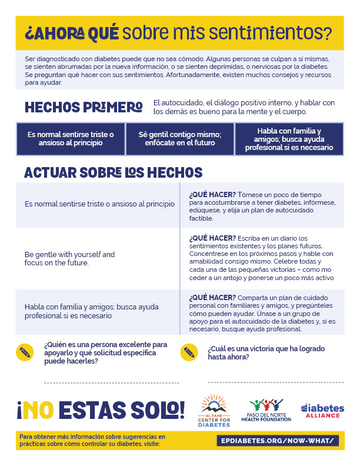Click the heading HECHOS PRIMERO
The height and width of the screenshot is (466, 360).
pos(84,107)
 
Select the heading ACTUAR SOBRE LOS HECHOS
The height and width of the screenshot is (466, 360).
pos(113,173)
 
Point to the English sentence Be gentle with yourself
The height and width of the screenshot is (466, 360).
pos(69,258)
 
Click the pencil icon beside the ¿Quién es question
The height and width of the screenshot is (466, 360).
pos(25,352)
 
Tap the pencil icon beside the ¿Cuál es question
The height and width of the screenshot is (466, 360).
pos(189,352)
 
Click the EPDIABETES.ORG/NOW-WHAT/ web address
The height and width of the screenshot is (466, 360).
pos(278,440)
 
